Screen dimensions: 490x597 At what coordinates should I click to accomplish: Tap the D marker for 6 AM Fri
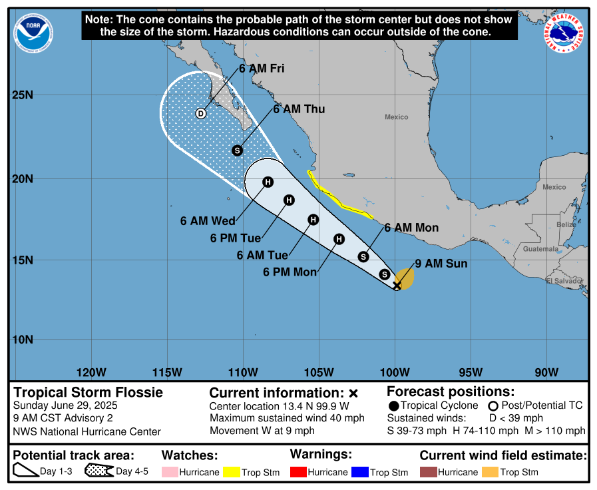pyautogui.click(x=200, y=113)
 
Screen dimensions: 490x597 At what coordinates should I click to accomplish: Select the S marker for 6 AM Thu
pyautogui.click(x=237, y=150)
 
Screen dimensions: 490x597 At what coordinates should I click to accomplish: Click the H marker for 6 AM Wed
pyautogui.click(x=268, y=182)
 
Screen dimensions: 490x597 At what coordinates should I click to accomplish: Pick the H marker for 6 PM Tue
pyautogui.click(x=289, y=200)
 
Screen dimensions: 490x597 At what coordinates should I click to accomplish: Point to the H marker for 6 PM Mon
pyautogui.click(x=339, y=239)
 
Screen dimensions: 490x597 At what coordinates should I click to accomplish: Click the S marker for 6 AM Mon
pyautogui.click(x=363, y=256)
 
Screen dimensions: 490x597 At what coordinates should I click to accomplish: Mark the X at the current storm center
pyautogui.click(x=397, y=286)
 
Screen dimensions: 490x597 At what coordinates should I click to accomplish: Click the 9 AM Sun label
pyautogui.click(x=441, y=264)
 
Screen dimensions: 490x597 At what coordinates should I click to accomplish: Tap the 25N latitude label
pyautogui.click(x=23, y=95)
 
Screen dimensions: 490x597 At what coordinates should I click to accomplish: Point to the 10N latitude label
pyautogui.click(x=23, y=340)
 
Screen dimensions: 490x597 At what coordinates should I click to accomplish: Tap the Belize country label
pyautogui.click(x=566, y=225)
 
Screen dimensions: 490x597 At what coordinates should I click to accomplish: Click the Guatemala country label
pyautogui.click(x=540, y=249)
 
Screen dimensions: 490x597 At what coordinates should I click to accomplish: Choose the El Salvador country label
pyautogui.click(x=564, y=281)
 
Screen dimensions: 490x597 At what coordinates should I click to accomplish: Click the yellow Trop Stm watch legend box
pyautogui.click(x=231, y=472)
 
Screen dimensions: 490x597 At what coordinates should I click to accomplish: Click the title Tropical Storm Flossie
pyautogui.click(x=89, y=392)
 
